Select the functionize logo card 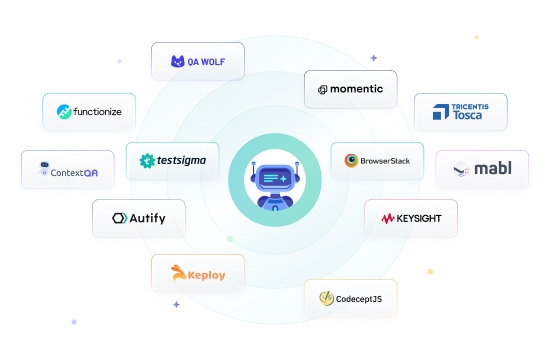88,111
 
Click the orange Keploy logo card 197,273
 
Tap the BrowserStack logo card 376,160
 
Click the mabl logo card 482,169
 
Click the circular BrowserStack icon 352,160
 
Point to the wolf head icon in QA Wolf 178,61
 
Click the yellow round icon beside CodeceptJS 325,297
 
